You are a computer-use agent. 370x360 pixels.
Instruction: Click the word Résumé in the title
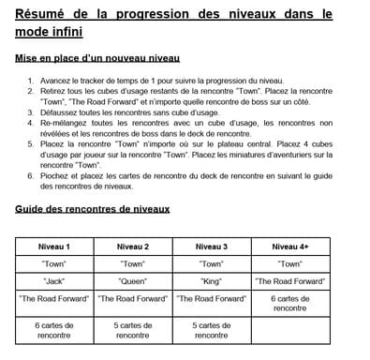click(37, 15)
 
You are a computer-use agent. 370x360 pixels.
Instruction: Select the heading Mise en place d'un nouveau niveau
click(99, 58)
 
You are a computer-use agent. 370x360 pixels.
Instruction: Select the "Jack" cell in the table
click(53, 280)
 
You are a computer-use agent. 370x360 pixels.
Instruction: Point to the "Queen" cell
click(133, 280)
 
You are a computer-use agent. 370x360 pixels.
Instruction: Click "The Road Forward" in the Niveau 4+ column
click(290, 280)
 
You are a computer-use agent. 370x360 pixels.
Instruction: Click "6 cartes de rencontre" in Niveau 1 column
click(53, 330)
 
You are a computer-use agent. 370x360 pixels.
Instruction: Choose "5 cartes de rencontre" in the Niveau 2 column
click(133, 330)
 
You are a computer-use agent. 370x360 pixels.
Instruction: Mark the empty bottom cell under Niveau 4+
click(290, 330)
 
